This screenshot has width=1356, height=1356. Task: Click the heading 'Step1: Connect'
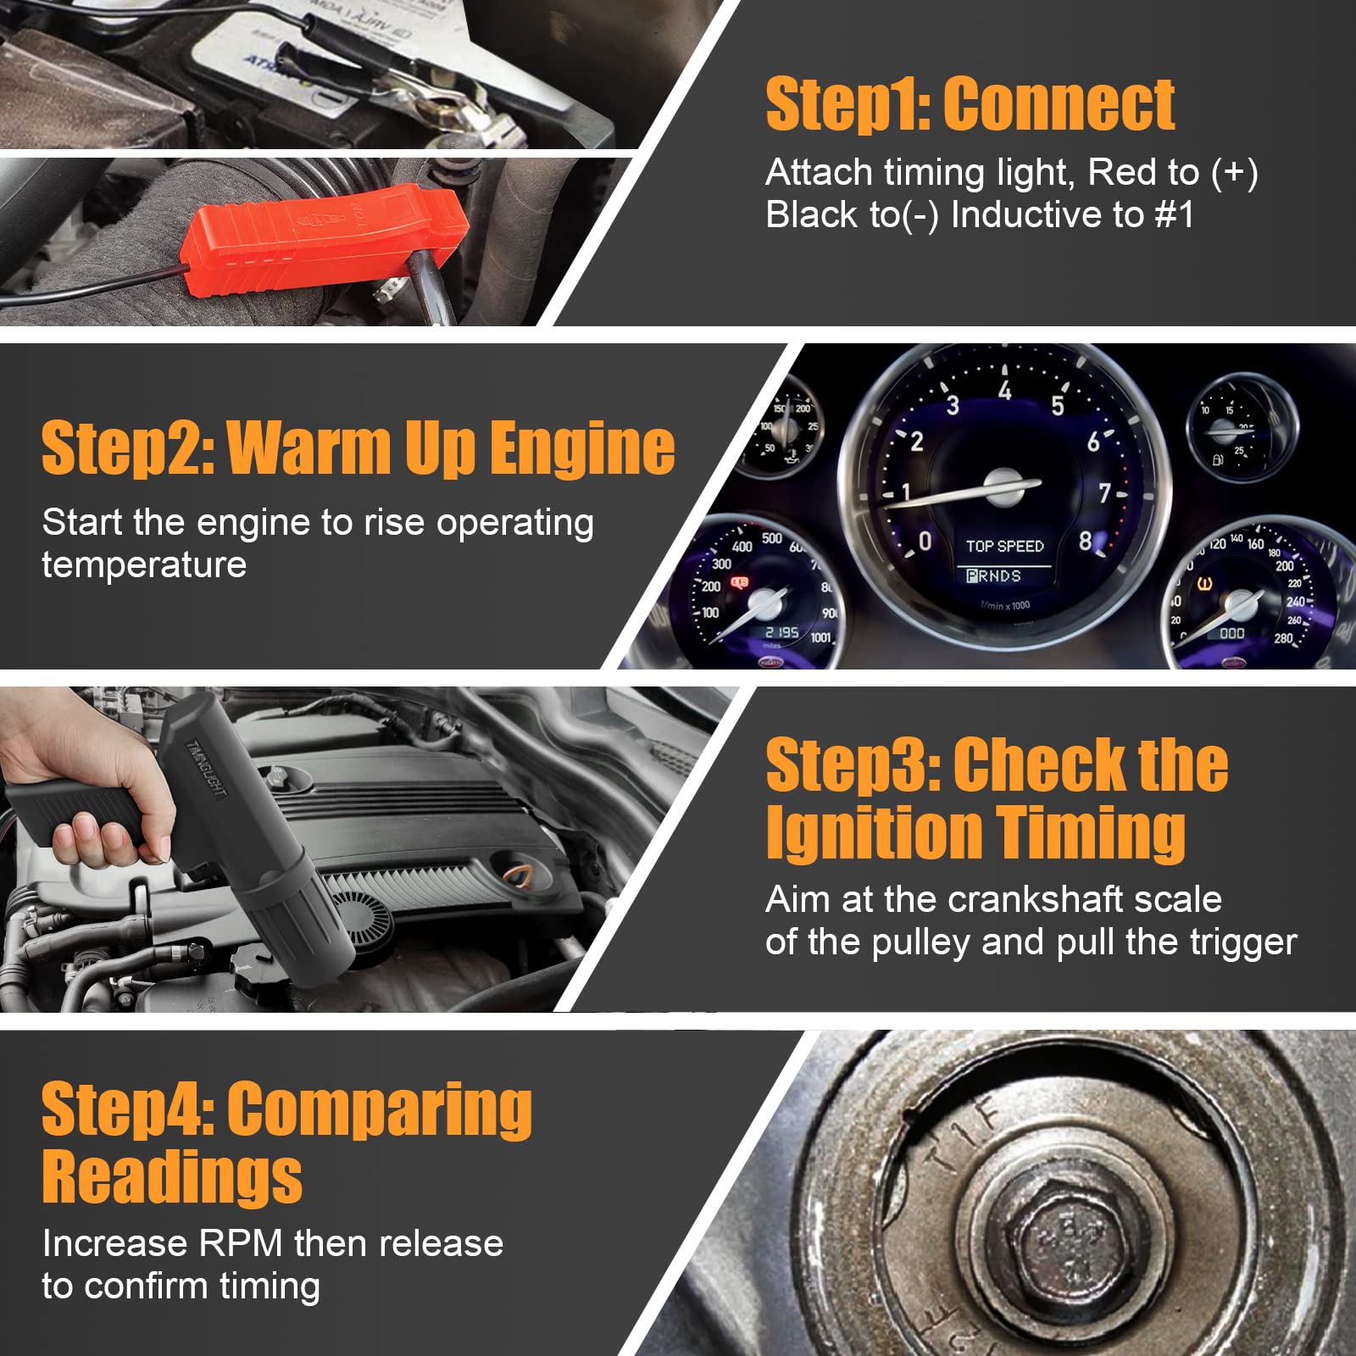pos(970,104)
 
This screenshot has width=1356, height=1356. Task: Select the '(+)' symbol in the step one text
pos(1234,172)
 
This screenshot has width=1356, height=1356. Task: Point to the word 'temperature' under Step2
pos(144,565)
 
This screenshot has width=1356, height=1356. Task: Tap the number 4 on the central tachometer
pos(1004,391)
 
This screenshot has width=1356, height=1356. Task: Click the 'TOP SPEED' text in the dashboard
pos(1004,547)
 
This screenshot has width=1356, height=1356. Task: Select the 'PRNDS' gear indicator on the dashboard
pos(993,576)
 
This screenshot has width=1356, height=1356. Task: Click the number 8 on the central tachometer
pos(1085,542)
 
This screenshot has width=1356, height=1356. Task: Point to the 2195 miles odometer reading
pos(781,632)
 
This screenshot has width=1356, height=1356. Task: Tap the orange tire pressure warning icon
pos(1204,584)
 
